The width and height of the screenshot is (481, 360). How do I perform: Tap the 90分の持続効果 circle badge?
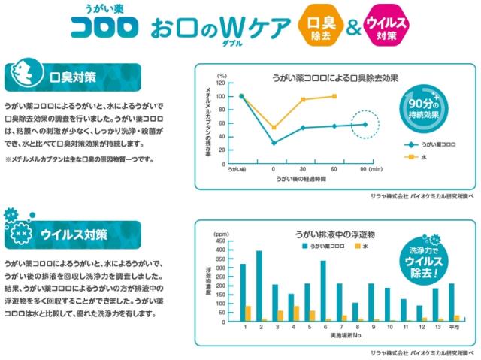[421, 110]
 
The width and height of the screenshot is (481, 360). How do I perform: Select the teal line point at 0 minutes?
[274, 142]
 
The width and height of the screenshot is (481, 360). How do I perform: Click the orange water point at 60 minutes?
[334, 96]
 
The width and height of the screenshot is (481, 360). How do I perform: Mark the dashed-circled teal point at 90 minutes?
[365, 125]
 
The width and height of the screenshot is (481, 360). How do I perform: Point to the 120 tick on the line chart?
[220, 83]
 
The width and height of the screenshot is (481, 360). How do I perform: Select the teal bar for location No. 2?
[259, 286]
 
